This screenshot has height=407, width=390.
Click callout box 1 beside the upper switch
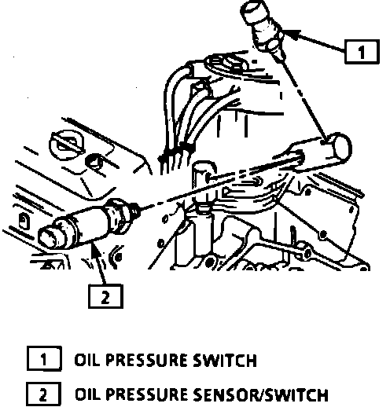coord(362,52)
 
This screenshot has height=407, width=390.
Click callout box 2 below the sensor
coord(105,296)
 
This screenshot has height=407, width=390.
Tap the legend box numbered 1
coord(44,358)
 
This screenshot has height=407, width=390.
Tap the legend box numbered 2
coord(43,394)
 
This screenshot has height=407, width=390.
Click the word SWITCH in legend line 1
coord(225,360)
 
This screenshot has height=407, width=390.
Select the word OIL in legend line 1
coord(86,360)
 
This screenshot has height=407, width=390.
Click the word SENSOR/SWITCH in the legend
coord(261,394)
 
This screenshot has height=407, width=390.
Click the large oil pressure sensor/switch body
coord(89,225)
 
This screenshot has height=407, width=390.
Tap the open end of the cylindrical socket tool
coord(341,147)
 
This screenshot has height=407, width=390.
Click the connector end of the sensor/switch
coord(50,237)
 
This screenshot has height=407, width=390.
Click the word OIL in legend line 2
coord(87,394)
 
